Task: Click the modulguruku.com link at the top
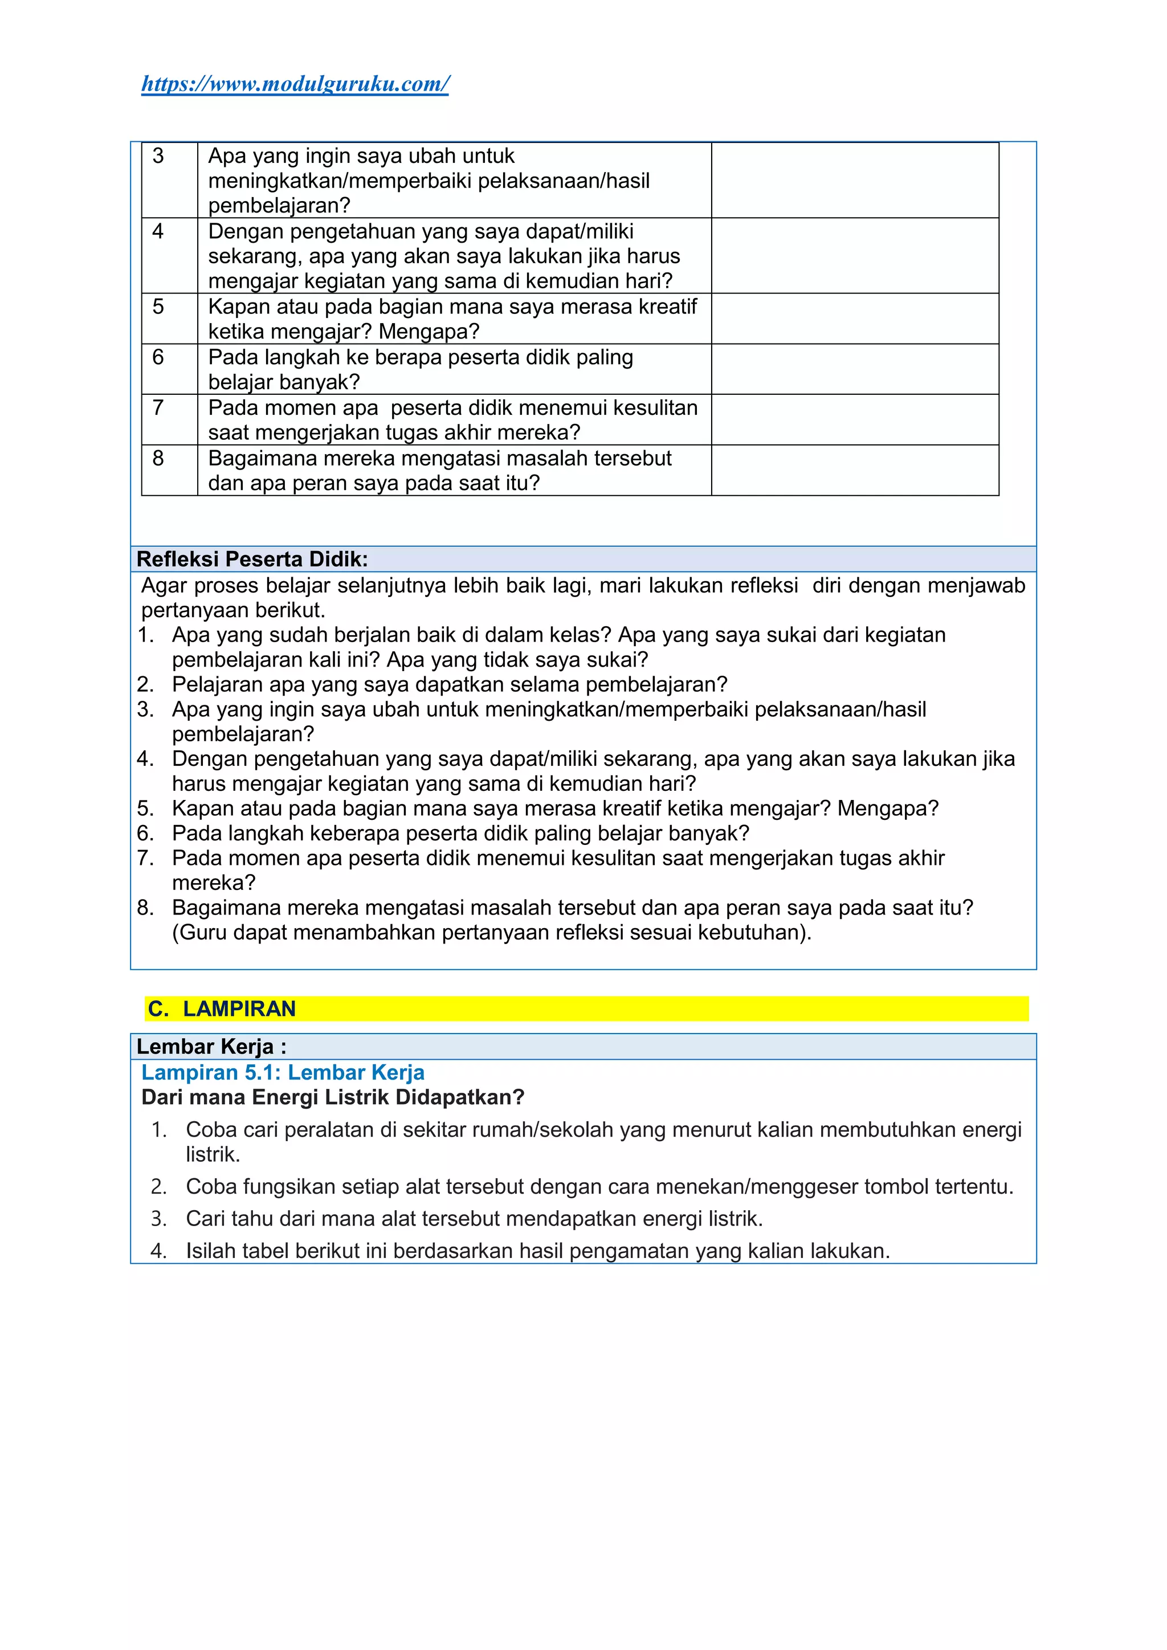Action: pos(295,84)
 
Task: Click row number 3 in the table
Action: pos(158,156)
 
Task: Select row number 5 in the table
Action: pos(158,307)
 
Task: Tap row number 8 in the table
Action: pos(158,459)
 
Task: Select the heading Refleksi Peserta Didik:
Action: pos(252,559)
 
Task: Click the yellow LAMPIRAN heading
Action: pos(239,1009)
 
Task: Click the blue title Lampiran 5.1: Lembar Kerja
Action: pos(283,1072)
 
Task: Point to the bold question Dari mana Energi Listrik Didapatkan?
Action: pos(333,1097)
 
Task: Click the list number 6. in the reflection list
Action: pos(145,834)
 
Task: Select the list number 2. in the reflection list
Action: pos(145,685)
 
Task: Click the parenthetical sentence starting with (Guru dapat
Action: pos(492,933)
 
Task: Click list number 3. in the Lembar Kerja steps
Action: pos(159,1219)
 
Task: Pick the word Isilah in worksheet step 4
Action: pos(210,1251)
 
